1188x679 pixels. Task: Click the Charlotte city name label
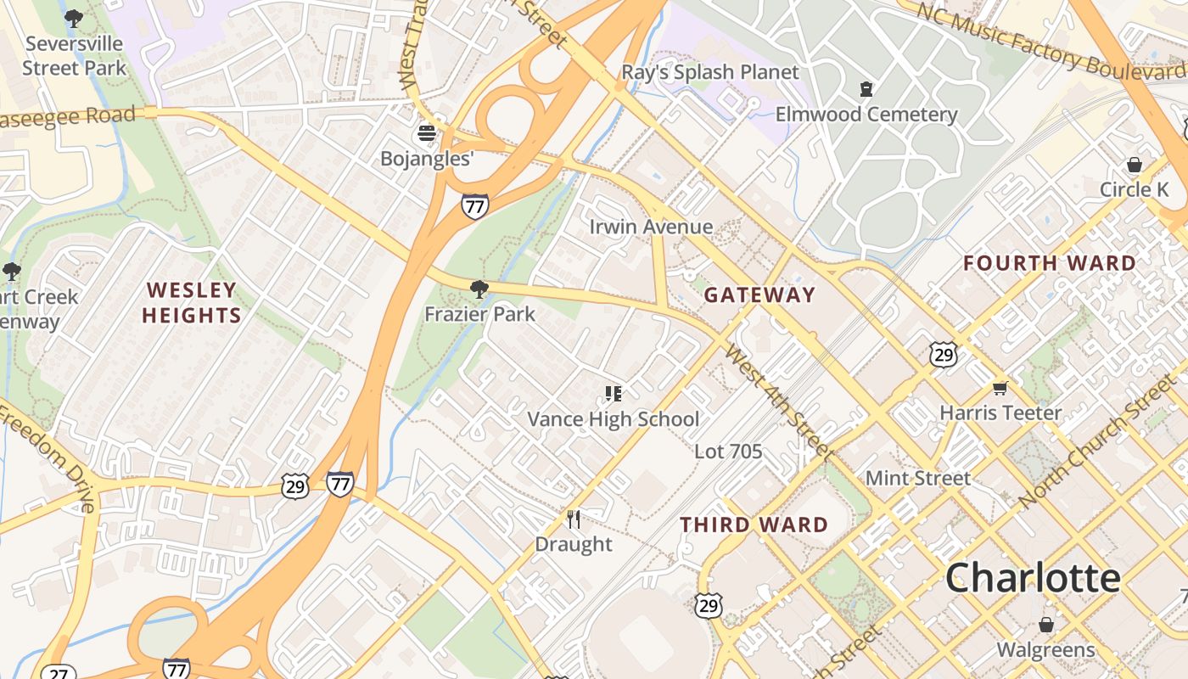(1033, 578)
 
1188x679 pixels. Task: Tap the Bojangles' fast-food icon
(427, 133)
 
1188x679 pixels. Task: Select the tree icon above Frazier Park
(479, 289)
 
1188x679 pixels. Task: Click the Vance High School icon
(614, 393)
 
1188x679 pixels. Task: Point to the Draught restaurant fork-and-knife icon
(574, 519)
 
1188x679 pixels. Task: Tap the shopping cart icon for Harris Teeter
(1000, 388)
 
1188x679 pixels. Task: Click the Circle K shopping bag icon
(1135, 165)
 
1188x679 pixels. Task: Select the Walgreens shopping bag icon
(1046, 625)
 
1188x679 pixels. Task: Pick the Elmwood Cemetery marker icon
(866, 88)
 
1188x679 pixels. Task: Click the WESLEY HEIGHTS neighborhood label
(192, 303)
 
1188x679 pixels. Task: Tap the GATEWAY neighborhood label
(759, 295)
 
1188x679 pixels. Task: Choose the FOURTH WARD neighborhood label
(1050, 264)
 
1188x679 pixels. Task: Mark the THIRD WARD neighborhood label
(754, 525)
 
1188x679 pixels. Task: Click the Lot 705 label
(728, 452)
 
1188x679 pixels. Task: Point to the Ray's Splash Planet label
(710, 72)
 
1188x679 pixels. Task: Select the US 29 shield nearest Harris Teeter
(944, 354)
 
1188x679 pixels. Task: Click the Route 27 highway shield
(57, 672)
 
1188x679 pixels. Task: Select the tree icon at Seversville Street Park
(74, 18)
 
